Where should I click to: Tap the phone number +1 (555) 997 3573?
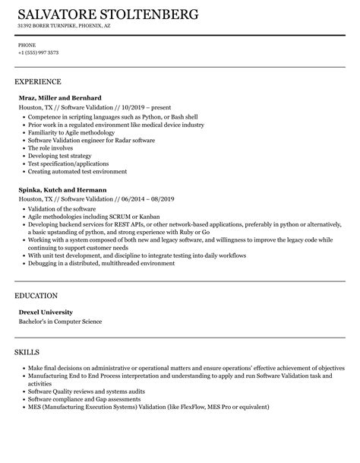pyautogui.click(x=39, y=53)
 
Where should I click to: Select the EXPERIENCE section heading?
pyautogui.click(x=38, y=81)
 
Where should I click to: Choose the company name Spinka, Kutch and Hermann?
pyautogui.click(x=62, y=189)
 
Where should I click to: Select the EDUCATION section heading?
pyautogui.click(x=37, y=274)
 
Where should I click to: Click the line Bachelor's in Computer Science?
pyautogui.click(x=60, y=300)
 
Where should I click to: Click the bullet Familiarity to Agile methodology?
pyautogui.click(x=73, y=134)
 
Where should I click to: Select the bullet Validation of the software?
pyautogui.click(x=62, y=208)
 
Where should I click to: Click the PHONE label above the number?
pyautogui.click(x=27, y=45)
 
